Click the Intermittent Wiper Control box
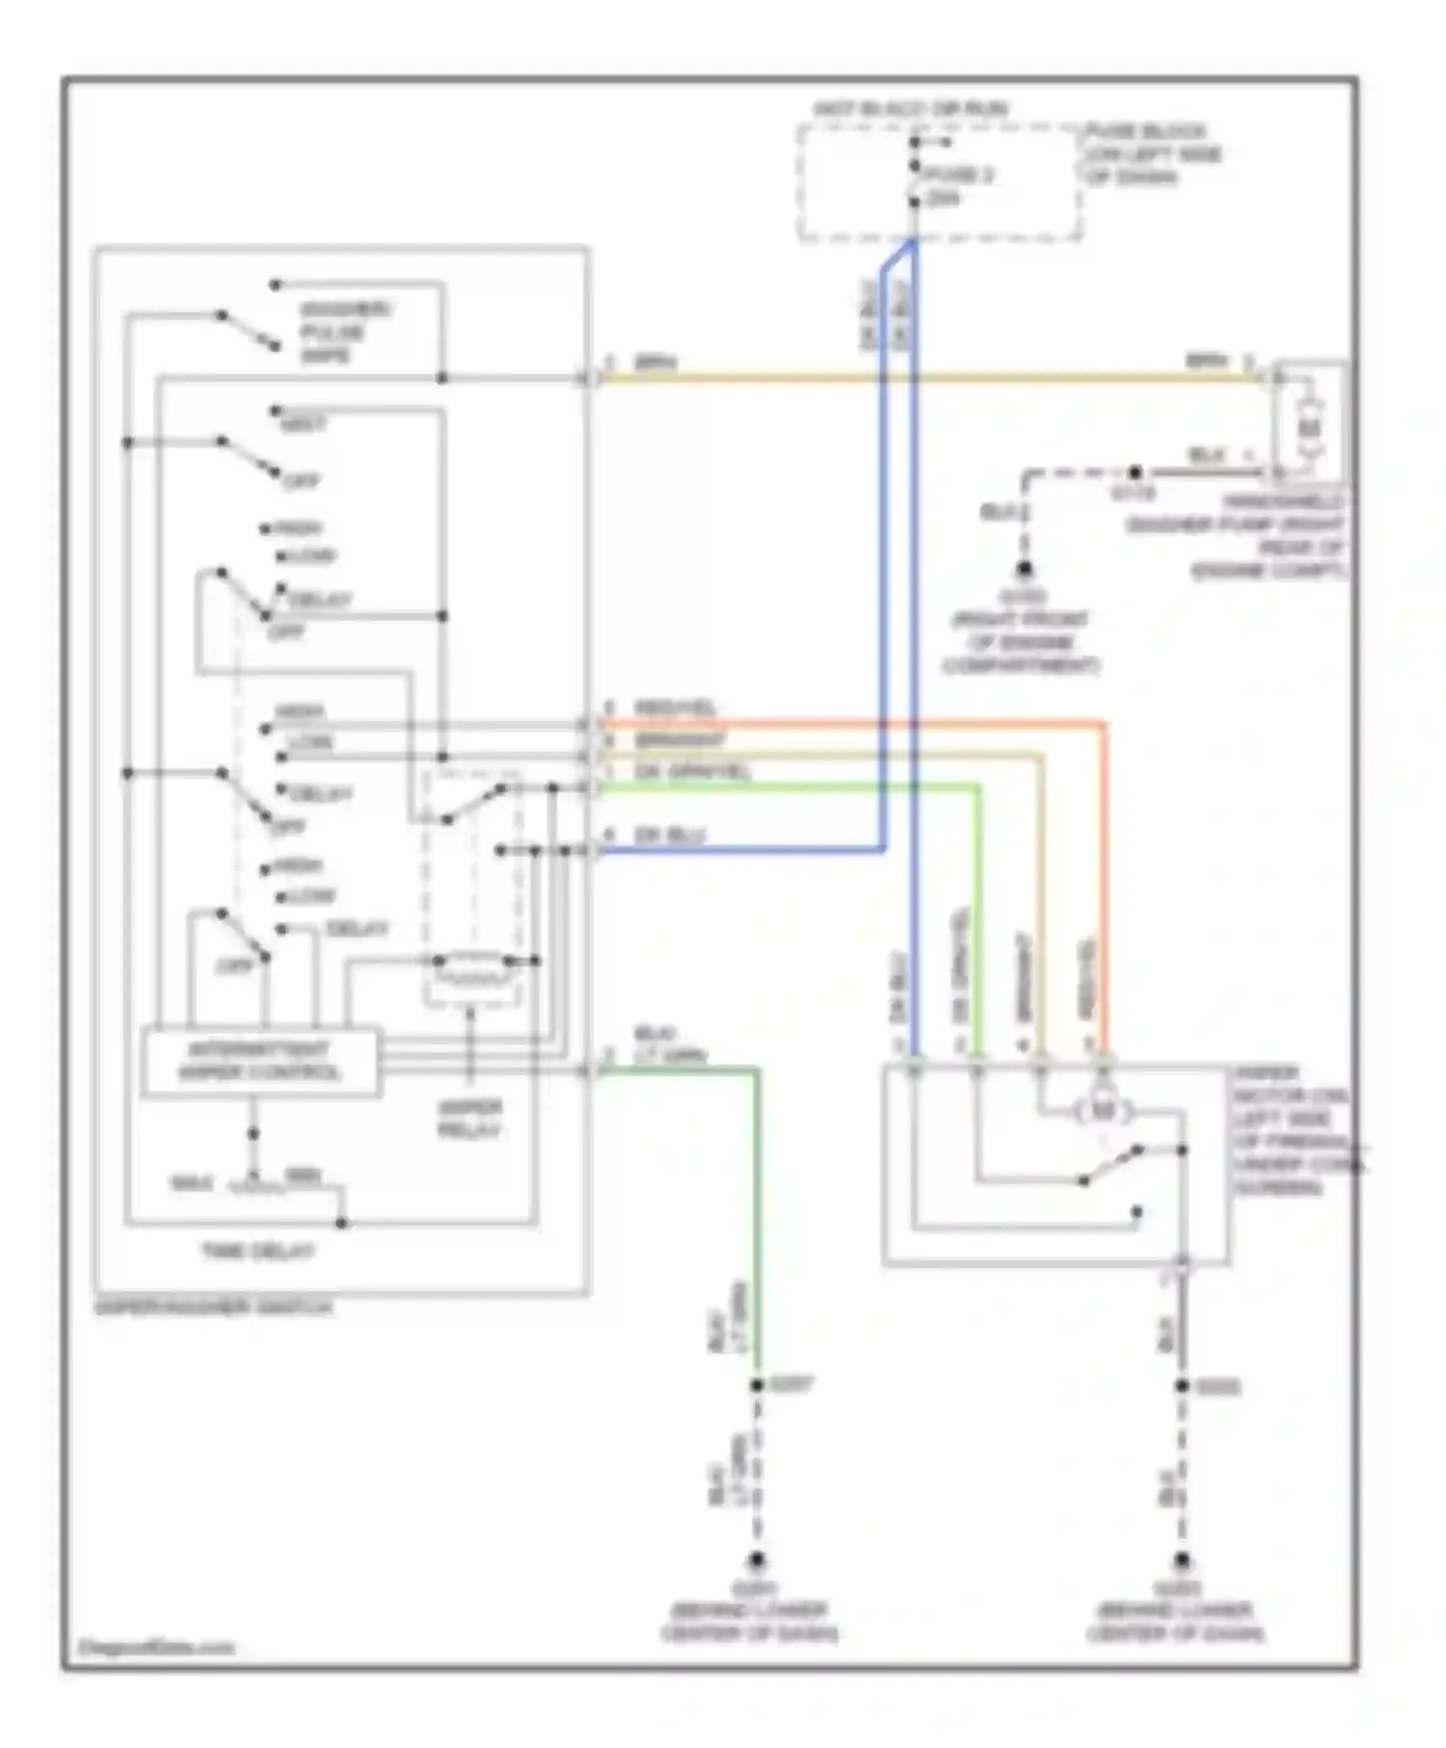pyautogui.click(x=260, y=1062)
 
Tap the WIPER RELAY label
pyautogui.click(x=469, y=1119)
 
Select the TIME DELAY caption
pyautogui.click(x=257, y=1252)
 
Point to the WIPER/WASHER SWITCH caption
pyautogui.click(x=214, y=1308)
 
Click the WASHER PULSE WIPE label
pyautogui.click(x=333, y=332)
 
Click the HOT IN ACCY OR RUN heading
pyautogui.click(x=910, y=109)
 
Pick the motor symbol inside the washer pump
pyautogui.click(x=1308, y=425)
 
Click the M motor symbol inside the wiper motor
pyautogui.click(x=1101, y=1111)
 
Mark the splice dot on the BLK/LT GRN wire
pyautogui.click(x=757, y=1386)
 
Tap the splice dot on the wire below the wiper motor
pyautogui.click(x=1182, y=1387)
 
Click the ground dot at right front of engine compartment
pyautogui.click(x=1025, y=569)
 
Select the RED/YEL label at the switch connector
pyautogui.click(x=675, y=709)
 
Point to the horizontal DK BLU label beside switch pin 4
pyautogui.click(x=668, y=834)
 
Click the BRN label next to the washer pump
pyautogui.click(x=1206, y=361)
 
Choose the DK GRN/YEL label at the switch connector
pyautogui.click(x=691, y=772)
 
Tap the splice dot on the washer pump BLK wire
pyautogui.click(x=1136, y=472)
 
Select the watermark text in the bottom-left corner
pyautogui.click(x=154, y=1647)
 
